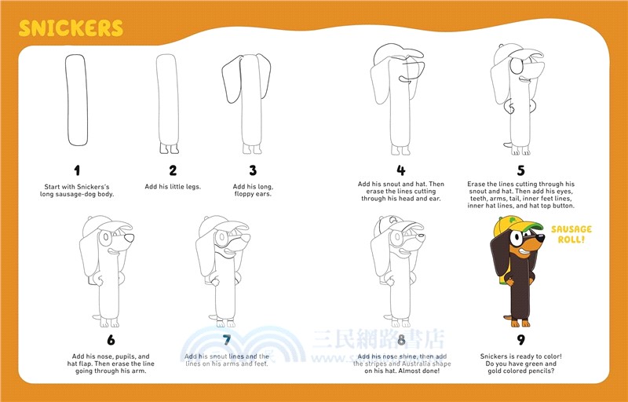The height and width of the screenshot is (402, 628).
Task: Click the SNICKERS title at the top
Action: point(71,28)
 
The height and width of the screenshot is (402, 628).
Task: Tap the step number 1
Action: point(77,170)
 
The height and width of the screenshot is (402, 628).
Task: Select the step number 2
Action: point(173,170)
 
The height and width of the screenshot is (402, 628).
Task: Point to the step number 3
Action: point(253,170)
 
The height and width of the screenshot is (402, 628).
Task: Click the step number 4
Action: point(400,170)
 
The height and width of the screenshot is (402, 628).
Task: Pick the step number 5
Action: point(520,170)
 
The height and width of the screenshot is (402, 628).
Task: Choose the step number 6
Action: point(111,341)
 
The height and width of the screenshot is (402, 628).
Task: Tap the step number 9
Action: point(520,341)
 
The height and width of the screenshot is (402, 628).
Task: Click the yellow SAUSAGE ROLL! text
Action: point(571,233)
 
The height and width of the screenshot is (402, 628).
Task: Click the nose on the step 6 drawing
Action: point(130,236)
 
